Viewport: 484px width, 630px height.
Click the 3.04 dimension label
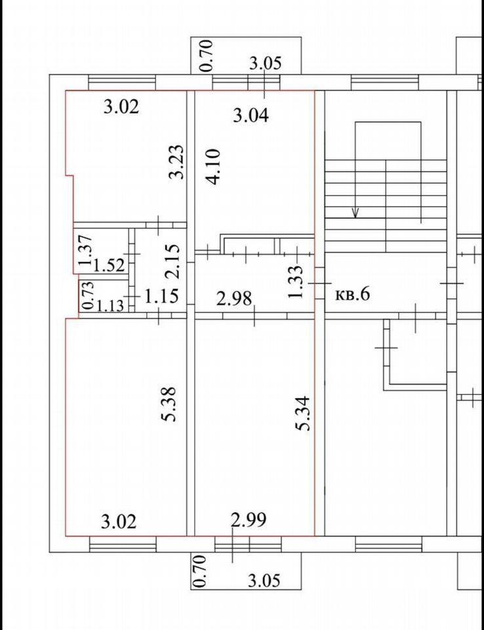coord(251,116)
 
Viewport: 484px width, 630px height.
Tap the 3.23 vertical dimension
coord(176,162)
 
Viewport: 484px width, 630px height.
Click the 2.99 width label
coord(249,521)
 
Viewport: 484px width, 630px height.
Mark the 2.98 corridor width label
coord(234,299)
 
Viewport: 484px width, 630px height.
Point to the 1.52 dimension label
coord(108,266)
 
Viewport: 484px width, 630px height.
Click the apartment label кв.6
coord(352,294)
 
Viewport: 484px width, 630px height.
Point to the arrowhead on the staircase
coord(355,212)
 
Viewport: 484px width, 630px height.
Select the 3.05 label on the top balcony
coord(266,64)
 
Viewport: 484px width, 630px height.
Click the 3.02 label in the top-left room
coord(121,107)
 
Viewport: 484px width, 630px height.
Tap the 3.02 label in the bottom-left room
coord(119,522)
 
